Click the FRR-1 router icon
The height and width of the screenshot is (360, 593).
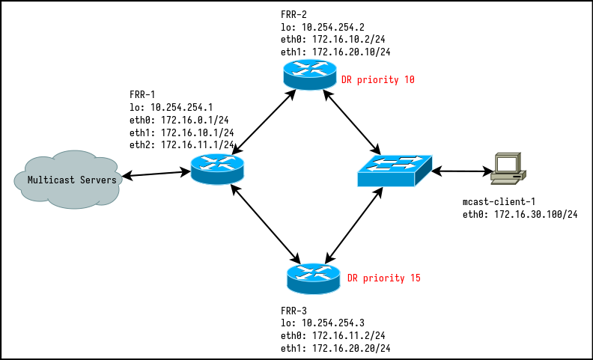pos(217,169)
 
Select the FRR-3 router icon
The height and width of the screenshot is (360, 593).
pos(313,278)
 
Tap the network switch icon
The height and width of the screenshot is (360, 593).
pos(394,171)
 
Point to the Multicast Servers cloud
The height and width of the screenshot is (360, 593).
pos(67,180)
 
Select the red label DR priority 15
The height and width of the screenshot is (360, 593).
pos(383,278)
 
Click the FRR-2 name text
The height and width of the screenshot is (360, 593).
pos(294,15)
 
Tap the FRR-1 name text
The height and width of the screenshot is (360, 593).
pos(142,95)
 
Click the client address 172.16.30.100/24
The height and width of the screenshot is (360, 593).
pos(535,215)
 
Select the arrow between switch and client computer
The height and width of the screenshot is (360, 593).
pos(461,172)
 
